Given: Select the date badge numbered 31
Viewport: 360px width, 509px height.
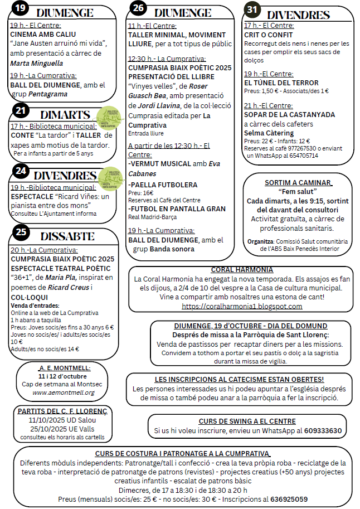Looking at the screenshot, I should click(252, 9).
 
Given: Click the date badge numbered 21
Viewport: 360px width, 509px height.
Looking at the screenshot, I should click(20, 111).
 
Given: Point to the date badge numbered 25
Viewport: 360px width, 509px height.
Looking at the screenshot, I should click(20, 232).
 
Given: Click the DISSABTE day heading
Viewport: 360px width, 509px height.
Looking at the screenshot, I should click(67, 236).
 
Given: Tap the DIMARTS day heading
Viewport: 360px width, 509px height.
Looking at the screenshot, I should click(65, 115).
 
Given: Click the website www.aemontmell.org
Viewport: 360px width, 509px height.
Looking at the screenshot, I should click(64, 392).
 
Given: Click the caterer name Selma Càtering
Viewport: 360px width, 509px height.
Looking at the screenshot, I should click(269, 133).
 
